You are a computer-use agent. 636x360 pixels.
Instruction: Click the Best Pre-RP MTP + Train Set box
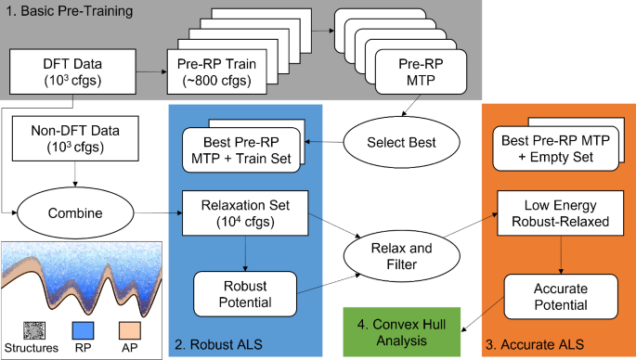[243, 148]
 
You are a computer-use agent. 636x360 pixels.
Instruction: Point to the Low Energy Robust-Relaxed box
[549, 212]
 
